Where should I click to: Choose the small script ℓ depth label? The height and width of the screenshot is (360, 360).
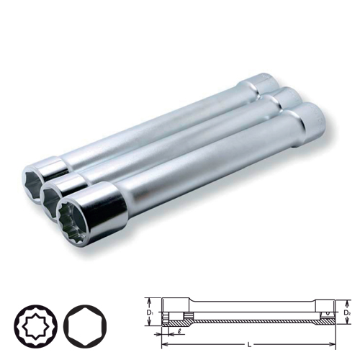click(171, 330)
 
